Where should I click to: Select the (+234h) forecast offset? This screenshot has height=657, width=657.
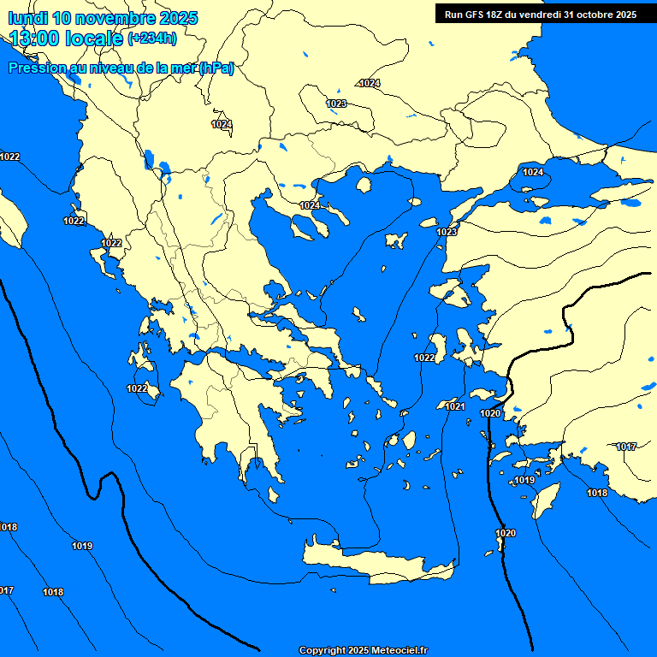(151, 38)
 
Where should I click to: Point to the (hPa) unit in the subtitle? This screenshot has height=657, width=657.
(216, 68)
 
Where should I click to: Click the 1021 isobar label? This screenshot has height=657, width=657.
(455, 406)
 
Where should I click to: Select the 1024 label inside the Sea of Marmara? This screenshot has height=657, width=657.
(532, 172)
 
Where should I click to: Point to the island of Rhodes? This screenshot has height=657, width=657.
(544, 500)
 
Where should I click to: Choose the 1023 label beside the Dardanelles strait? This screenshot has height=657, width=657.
(447, 232)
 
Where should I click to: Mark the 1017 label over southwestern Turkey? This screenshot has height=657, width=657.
(626, 447)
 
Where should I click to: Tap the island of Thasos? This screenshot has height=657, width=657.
(364, 185)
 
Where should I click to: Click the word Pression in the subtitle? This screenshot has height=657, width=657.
(37, 68)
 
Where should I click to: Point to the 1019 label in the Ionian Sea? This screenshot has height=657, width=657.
(82, 546)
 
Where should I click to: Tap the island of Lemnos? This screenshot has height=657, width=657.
(395, 240)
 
